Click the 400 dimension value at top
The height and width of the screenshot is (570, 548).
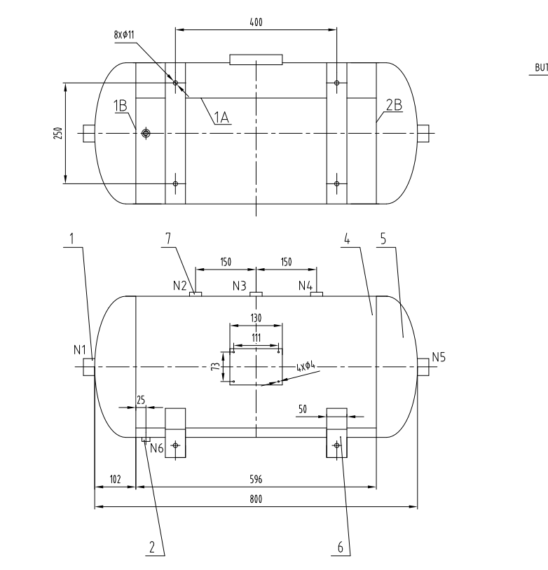pyautogui.click(x=256, y=22)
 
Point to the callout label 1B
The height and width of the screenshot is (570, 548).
pyautogui.click(x=121, y=106)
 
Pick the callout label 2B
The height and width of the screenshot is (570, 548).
pyautogui.click(x=393, y=106)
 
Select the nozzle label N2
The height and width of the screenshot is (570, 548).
pyautogui.click(x=180, y=286)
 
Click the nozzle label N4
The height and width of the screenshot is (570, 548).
pyautogui.click(x=305, y=286)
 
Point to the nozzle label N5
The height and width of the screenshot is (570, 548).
pyautogui.click(x=439, y=357)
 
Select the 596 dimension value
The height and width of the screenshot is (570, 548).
pyautogui.click(x=256, y=480)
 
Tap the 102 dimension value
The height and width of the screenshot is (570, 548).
pyautogui.click(x=115, y=480)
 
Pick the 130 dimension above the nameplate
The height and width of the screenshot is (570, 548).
pyautogui.click(x=256, y=319)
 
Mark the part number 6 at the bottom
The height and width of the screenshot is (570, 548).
pyautogui.click(x=341, y=548)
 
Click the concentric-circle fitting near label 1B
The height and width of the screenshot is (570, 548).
pyautogui.click(x=146, y=133)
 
